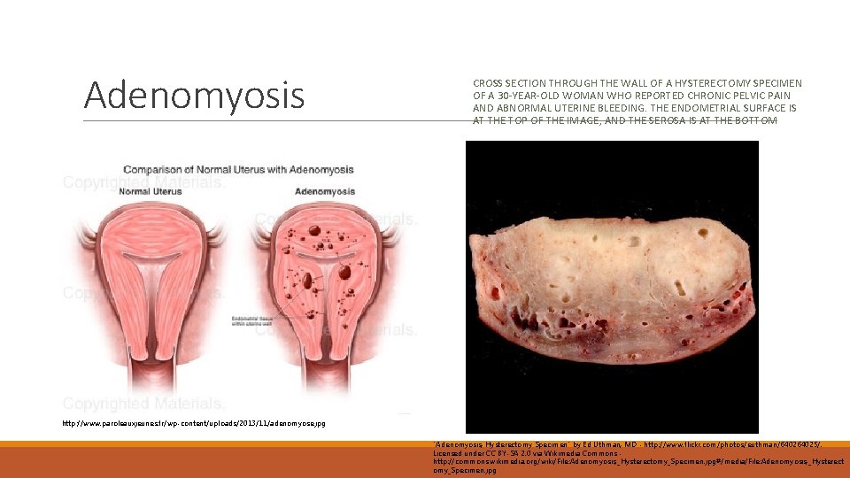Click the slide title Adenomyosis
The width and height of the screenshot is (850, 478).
click(x=194, y=95)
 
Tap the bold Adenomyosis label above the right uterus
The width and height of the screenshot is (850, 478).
click(x=325, y=191)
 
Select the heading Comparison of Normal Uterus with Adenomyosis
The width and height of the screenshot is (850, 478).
click(x=238, y=169)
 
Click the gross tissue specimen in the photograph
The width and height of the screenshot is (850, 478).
click(x=611, y=283)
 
